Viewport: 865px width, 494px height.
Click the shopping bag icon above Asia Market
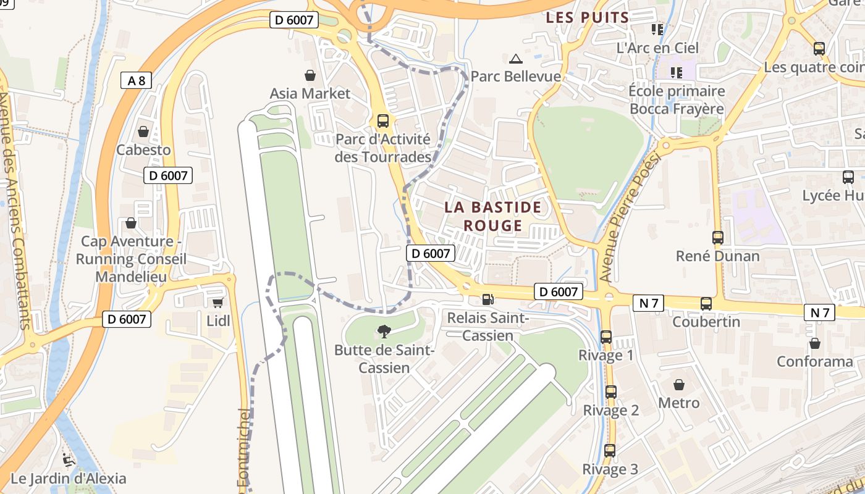[310, 75]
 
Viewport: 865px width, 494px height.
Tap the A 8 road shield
[136, 80]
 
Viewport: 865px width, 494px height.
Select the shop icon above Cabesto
[143, 132]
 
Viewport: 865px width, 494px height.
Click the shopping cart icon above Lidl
[217, 303]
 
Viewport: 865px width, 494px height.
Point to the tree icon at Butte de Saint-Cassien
[384, 332]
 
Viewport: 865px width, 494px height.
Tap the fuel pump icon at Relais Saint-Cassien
[488, 299]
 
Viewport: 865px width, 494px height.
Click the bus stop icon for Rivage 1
[606, 337]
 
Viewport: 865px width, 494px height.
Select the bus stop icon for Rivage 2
[611, 392]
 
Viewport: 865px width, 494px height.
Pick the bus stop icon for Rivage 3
[610, 451]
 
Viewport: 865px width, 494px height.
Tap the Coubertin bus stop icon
[706, 304]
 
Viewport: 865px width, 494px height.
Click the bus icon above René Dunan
[717, 238]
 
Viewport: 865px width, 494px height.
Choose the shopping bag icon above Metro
[679, 385]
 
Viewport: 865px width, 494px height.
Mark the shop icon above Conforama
[815, 343]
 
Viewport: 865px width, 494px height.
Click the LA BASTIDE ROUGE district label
[492, 216]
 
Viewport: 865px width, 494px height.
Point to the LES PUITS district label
[587, 18]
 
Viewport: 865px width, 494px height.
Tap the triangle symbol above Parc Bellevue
[516, 59]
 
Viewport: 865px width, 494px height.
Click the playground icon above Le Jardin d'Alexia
[69, 460]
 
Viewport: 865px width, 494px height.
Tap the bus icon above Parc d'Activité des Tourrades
[383, 121]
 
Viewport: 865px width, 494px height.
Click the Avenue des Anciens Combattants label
[15, 210]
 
